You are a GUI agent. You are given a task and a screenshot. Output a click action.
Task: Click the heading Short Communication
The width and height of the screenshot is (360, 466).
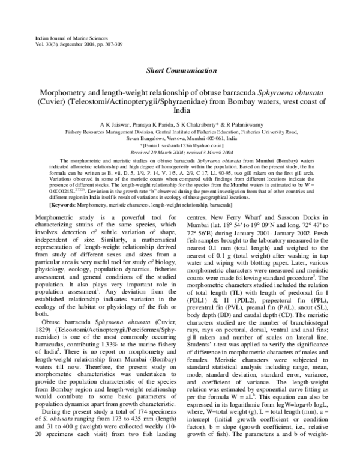tap(180, 70)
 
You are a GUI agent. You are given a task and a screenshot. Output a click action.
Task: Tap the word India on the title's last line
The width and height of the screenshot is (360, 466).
tap(180, 110)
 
